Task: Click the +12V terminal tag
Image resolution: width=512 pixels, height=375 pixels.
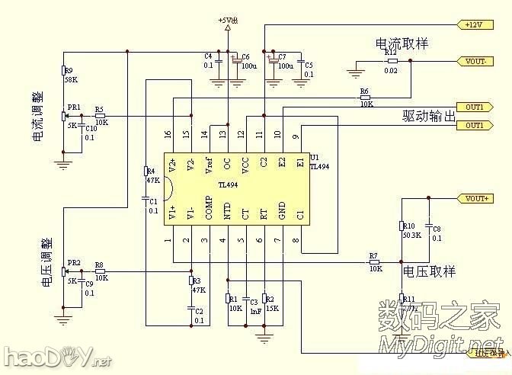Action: point(473,24)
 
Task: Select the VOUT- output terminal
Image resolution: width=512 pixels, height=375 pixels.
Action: point(475,60)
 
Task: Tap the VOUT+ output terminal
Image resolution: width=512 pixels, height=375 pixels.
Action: point(475,198)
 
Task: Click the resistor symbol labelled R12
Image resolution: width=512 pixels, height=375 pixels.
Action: point(392,61)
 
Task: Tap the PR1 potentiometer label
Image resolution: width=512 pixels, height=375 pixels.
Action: point(74,107)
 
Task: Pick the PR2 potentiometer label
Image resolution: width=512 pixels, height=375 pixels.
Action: point(74,263)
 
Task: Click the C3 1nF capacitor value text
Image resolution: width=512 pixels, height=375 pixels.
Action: point(246,310)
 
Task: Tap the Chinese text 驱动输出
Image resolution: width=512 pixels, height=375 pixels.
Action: point(428,117)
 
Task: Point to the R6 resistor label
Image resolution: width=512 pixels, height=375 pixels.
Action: point(364,92)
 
